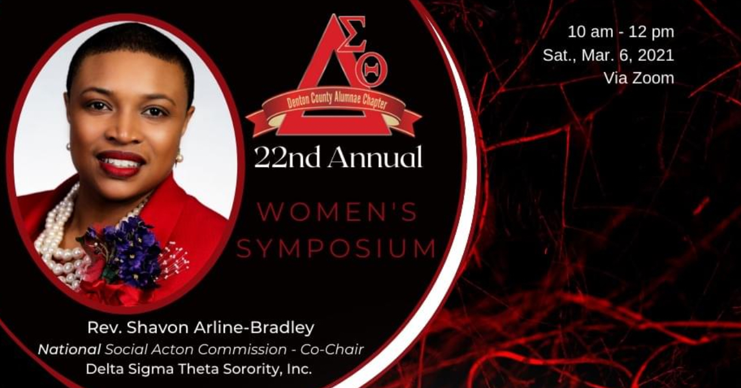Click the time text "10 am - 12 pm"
coord(621,32)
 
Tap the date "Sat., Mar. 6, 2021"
coord(609,56)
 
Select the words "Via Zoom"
coord(639,78)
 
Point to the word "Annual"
coord(375,157)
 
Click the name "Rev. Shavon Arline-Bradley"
coord(200,328)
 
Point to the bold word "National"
coord(69,350)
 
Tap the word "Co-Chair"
coord(332,350)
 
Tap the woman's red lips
coord(121,163)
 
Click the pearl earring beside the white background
coord(179,156)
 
